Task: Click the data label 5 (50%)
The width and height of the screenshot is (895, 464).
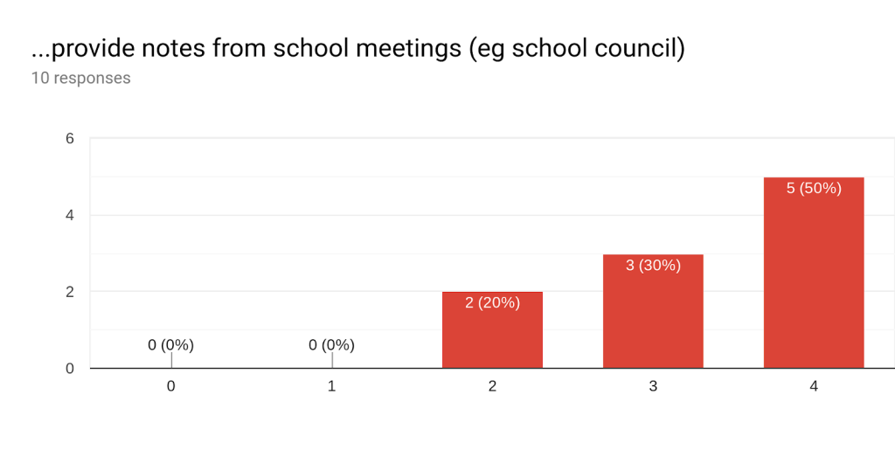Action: click(814, 188)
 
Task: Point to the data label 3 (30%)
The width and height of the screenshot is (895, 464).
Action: click(653, 265)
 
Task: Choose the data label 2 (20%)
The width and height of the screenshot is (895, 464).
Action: click(492, 303)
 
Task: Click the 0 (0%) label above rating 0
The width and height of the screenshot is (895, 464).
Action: click(170, 345)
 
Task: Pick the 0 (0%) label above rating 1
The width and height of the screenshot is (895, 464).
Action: click(331, 345)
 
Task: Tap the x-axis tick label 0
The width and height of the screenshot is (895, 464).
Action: click(170, 386)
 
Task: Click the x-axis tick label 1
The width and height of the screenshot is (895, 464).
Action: click(331, 386)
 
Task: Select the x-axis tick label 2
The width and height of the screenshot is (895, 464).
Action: click(492, 386)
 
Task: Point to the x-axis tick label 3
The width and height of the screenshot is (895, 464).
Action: click(653, 386)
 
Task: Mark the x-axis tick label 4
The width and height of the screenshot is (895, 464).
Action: click(814, 386)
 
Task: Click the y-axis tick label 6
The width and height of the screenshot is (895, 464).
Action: click(70, 138)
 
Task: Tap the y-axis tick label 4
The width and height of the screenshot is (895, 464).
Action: click(70, 215)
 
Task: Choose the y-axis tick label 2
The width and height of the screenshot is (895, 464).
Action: click(70, 292)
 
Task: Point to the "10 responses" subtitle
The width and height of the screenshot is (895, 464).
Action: click(80, 79)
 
